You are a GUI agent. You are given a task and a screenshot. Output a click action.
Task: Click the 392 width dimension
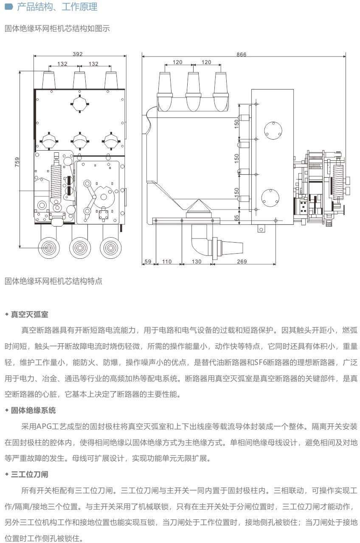tap(78, 54)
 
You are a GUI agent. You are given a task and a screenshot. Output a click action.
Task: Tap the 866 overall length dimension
tap(241, 54)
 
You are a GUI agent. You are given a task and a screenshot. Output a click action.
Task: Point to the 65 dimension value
tap(237, 218)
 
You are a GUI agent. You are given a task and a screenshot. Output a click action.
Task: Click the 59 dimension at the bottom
tap(148, 261)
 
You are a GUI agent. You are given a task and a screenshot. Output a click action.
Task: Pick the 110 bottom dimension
tap(167, 261)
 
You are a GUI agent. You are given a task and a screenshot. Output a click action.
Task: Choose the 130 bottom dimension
tap(196, 261)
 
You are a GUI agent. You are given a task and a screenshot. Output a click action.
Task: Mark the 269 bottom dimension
tap(242, 261)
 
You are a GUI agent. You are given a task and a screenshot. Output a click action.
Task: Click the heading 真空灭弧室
tap(29, 314)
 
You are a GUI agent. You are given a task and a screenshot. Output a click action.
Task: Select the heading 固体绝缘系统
tap(33, 410)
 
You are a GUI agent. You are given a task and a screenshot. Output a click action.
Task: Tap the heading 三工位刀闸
tap(29, 474)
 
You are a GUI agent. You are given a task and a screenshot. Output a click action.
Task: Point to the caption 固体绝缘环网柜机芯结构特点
tap(53, 281)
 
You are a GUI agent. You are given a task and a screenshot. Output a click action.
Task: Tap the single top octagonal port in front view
tap(80, 103)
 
